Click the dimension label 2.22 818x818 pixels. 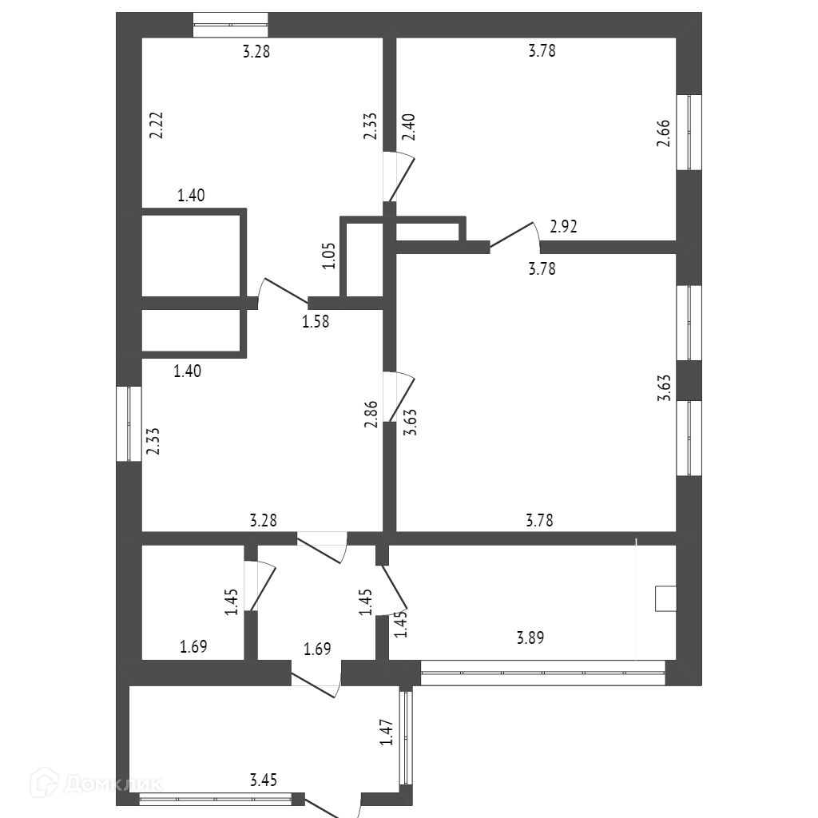tap(157, 126)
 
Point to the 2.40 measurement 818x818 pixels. tap(408, 128)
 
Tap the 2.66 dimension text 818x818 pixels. tap(662, 133)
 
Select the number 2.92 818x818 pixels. tap(564, 227)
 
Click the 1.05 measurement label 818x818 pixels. tap(329, 256)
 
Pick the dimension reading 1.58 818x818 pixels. tap(315, 322)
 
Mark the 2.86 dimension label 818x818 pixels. tap(371, 415)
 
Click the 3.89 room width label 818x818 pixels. tap(532, 637)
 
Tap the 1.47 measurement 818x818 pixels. tap(387, 733)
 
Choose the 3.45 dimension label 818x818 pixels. tap(264, 780)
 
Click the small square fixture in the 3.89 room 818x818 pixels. tap(665, 598)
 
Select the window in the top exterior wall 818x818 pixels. tap(231, 25)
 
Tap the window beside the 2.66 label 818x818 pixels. tap(689, 133)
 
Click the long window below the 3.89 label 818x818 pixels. tap(542, 673)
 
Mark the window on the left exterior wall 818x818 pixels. tap(129, 423)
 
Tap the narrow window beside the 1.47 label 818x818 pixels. tap(405, 737)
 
